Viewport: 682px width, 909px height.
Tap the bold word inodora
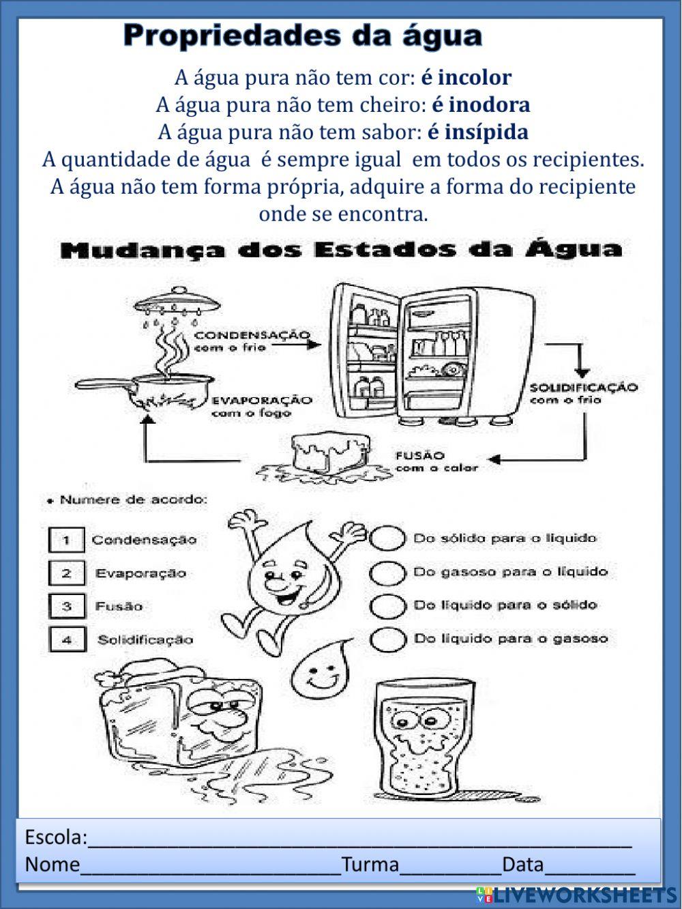point(489,104)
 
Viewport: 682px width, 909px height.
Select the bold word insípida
point(487,131)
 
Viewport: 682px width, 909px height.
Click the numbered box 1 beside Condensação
point(66,540)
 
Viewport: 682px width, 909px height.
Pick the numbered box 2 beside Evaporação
point(66,573)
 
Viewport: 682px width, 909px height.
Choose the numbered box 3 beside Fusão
point(66,606)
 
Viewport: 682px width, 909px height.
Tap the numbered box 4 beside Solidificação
point(66,639)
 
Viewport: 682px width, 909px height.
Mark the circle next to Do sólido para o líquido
point(387,538)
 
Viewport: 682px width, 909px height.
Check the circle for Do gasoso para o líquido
point(387,572)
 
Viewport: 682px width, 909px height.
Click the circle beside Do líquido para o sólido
point(387,605)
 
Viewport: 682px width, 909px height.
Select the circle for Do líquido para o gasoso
point(387,639)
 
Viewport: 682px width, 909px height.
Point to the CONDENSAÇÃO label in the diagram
point(252,336)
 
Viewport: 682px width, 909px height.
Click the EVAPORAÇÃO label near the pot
point(261,401)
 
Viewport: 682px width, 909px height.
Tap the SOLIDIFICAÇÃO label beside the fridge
point(583,388)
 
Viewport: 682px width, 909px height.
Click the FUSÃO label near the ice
point(420,455)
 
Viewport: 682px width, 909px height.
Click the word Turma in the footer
point(370,865)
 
